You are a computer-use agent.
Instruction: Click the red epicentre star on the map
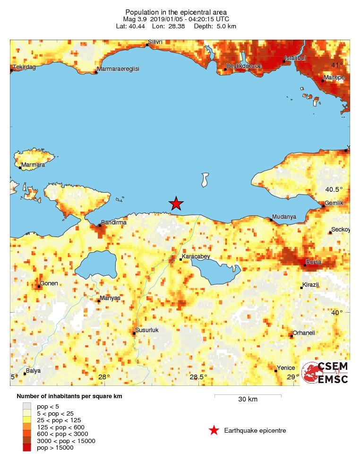point(176,204)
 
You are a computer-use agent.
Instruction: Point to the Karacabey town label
point(196,257)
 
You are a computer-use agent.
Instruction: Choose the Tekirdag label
point(24,67)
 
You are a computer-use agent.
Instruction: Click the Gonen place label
point(49,283)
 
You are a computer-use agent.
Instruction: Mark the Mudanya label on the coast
point(285,217)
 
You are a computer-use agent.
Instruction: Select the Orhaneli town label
point(304,333)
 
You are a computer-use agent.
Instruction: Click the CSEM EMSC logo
point(325,373)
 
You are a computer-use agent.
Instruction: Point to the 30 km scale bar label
point(248,400)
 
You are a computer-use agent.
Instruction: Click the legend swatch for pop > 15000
point(27,447)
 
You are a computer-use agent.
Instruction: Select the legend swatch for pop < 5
point(27,405)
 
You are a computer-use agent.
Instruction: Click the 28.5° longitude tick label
point(198,377)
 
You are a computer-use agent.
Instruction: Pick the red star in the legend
point(214,430)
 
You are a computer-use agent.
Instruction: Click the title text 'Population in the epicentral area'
point(176,12)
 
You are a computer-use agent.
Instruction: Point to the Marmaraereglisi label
point(118,69)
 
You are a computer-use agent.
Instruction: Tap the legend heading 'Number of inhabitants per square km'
point(69,396)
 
